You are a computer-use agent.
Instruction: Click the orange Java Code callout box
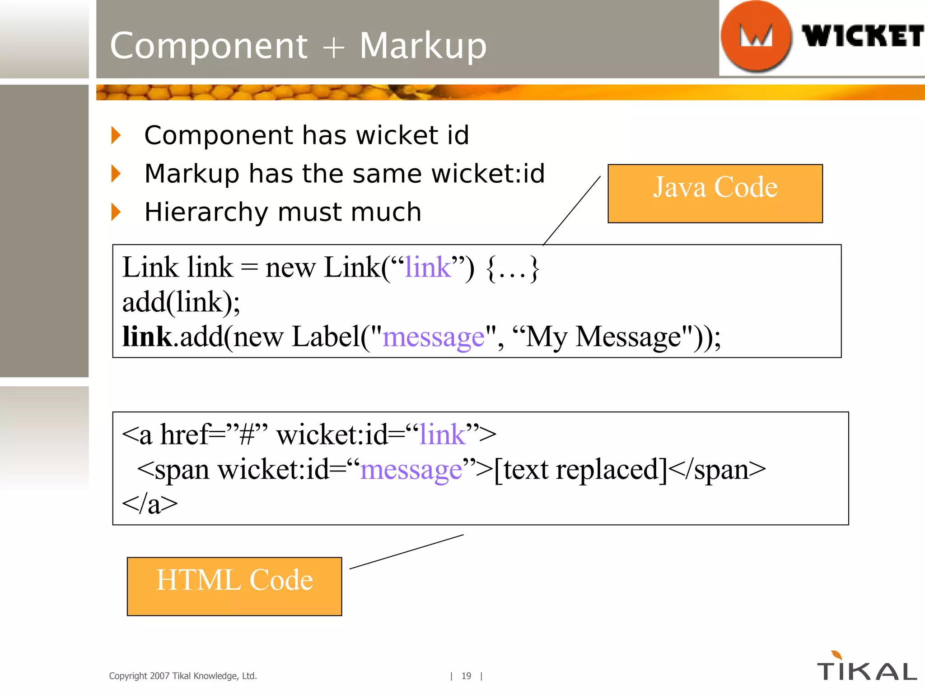click(x=715, y=193)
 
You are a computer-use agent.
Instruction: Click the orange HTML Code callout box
click(x=234, y=586)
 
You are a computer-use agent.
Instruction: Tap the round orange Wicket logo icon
click(x=756, y=36)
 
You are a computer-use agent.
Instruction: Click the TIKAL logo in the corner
click(x=867, y=669)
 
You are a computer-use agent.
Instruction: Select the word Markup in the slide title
click(x=423, y=46)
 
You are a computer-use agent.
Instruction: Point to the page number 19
click(x=466, y=676)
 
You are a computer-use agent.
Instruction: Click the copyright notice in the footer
click(x=183, y=676)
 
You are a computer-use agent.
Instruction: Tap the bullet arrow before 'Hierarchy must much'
click(x=116, y=212)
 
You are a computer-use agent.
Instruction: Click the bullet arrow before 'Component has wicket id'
click(x=116, y=135)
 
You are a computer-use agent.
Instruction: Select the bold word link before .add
click(x=147, y=337)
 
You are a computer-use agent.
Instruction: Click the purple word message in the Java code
click(x=433, y=337)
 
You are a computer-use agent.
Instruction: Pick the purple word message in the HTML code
click(x=411, y=470)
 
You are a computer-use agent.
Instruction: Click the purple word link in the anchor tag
click(x=443, y=435)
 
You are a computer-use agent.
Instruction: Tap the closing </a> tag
click(x=150, y=504)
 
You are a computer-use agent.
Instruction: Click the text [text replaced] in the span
click(x=580, y=470)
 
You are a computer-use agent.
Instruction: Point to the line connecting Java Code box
click(x=572, y=210)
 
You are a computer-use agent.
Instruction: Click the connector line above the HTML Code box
click(x=406, y=551)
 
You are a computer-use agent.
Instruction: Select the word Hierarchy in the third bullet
click(x=206, y=213)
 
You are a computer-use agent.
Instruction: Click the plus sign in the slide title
click(x=333, y=47)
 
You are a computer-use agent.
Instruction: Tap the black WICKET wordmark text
click(x=862, y=36)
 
